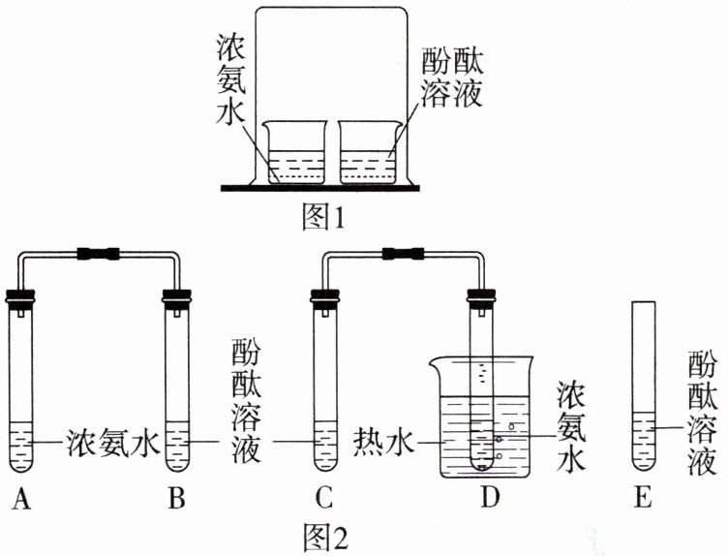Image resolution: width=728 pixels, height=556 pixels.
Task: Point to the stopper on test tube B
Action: [x=177, y=295]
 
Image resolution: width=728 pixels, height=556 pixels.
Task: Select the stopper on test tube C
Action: [x=322, y=295]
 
